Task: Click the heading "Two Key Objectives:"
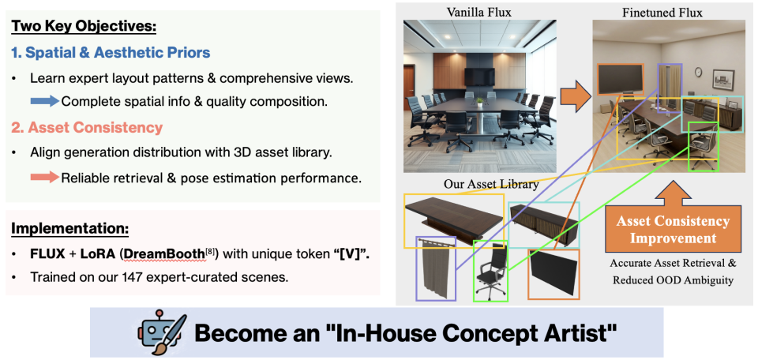(x=84, y=25)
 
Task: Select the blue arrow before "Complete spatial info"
(x=45, y=102)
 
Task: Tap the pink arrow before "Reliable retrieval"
(x=45, y=178)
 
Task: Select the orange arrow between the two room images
(x=576, y=96)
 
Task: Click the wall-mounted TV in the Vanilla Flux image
(x=480, y=76)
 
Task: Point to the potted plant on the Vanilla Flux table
(x=479, y=102)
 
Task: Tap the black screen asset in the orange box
(x=553, y=272)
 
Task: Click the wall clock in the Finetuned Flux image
(x=698, y=72)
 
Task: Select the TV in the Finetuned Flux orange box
(x=621, y=79)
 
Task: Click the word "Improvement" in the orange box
(x=673, y=238)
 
